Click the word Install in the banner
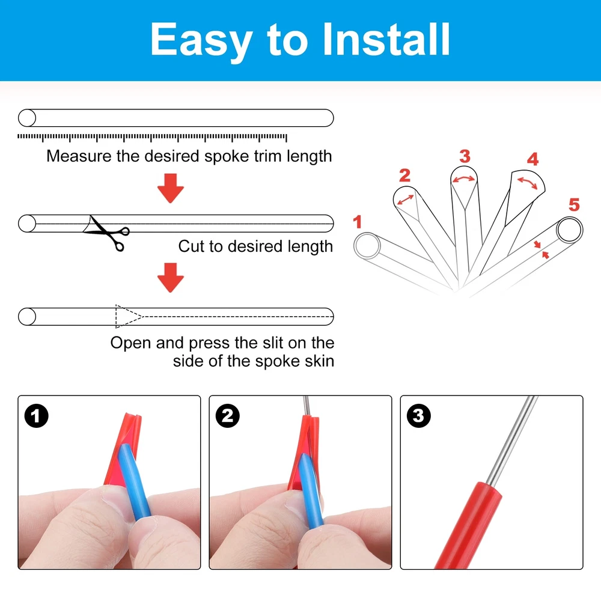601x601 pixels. (386, 39)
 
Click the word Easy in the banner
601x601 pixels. (201, 41)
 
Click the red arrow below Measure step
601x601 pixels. (171, 188)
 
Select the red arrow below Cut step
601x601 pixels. (171, 278)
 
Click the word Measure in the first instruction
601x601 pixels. (79, 156)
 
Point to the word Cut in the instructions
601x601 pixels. (192, 246)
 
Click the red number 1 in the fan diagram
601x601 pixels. (357, 222)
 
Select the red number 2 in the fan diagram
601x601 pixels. (404, 175)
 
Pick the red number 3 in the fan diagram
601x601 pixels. (465, 156)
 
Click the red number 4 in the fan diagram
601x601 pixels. (532, 159)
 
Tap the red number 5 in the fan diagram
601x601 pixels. (574, 205)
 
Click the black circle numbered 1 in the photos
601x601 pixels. (37, 416)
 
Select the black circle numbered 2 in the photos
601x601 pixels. (228, 416)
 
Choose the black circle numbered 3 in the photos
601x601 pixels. (418, 416)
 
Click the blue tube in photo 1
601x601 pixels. (135, 484)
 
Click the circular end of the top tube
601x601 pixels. (27, 118)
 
